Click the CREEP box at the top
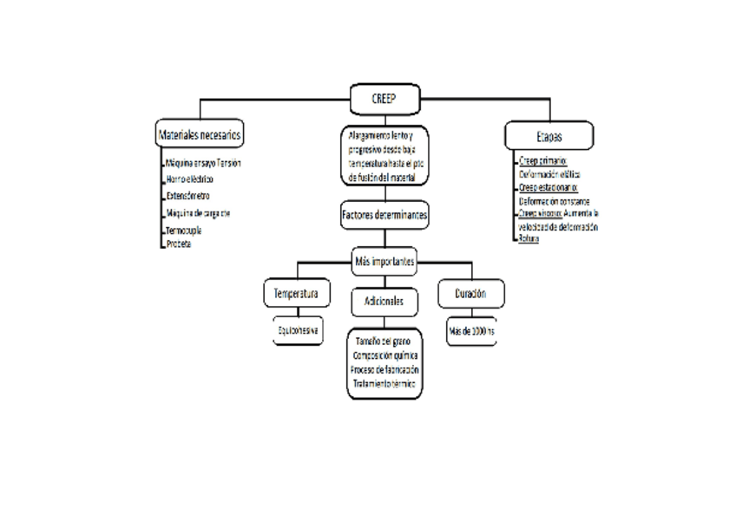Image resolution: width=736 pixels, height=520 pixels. [x=384, y=98]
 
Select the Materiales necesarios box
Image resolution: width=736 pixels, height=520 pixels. [x=199, y=135]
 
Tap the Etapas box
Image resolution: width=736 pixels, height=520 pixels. [x=549, y=136]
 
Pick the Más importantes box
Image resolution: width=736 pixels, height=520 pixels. [x=384, y=260]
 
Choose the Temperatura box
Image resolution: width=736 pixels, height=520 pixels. [x=296, y=294]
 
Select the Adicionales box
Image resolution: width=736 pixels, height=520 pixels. [x=384, y=300]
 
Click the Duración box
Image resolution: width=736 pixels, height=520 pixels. [x=470, y=294]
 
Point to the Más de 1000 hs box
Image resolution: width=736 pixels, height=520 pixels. [x=471, y=331]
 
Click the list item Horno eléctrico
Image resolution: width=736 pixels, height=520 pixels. [x=188, y=179]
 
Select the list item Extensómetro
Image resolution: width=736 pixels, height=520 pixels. [x=187, y=196]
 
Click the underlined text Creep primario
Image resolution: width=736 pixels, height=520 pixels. [x=542, y=161]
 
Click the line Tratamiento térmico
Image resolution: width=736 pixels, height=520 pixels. [x=384, y=381]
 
